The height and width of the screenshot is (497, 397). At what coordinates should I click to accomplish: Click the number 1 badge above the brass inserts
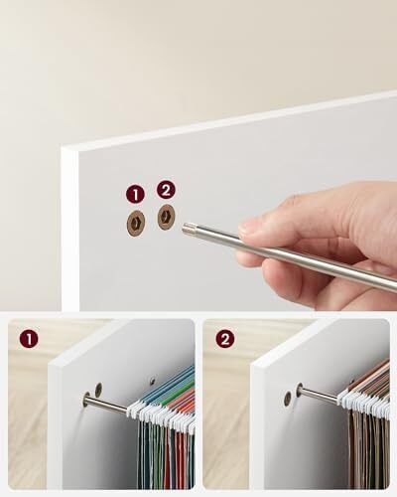click(135, 194)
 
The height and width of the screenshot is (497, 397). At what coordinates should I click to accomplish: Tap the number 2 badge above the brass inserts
click(166, 190)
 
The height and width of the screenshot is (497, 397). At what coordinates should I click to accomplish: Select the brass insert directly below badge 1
click(136, 224)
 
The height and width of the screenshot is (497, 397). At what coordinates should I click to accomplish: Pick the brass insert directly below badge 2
click(166, 218)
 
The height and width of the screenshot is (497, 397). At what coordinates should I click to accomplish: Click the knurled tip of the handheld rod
click(188, 228)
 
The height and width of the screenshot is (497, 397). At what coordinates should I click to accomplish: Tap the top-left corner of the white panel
click(62, 148)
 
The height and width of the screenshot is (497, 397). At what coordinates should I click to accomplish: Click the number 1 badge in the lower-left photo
click(29, 339)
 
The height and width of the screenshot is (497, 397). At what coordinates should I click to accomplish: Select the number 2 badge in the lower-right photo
click(225, 339)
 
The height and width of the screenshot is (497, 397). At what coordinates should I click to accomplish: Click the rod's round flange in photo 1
click(87, 400)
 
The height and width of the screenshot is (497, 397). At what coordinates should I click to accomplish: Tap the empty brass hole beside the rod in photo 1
click(98, 389)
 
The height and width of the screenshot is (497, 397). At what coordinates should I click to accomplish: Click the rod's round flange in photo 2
click(300, 391)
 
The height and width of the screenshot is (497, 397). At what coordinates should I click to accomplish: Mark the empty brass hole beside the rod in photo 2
click(288, 399)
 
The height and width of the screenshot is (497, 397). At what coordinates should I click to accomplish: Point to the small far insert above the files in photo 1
click(152, 380)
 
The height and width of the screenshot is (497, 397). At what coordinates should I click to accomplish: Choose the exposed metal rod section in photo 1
click(107, 405)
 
